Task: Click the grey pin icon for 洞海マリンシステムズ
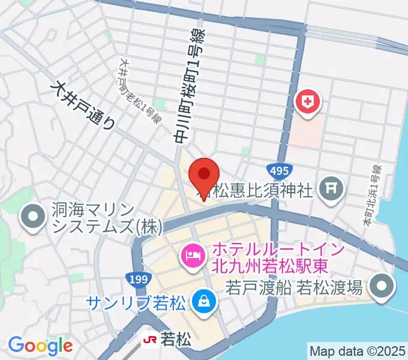(32, 217)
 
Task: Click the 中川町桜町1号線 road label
(190, 84)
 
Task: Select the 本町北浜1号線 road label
(371, 196)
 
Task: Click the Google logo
(40, 346)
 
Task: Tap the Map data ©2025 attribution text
(358, 350)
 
